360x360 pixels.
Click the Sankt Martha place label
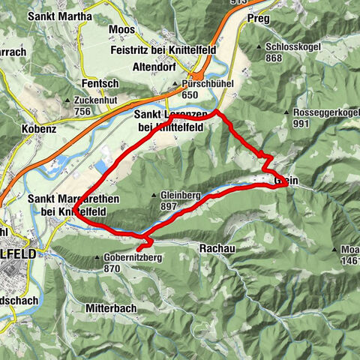point(61,16)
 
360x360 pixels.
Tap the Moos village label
point(123,29)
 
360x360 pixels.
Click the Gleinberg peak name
point(180,194)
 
